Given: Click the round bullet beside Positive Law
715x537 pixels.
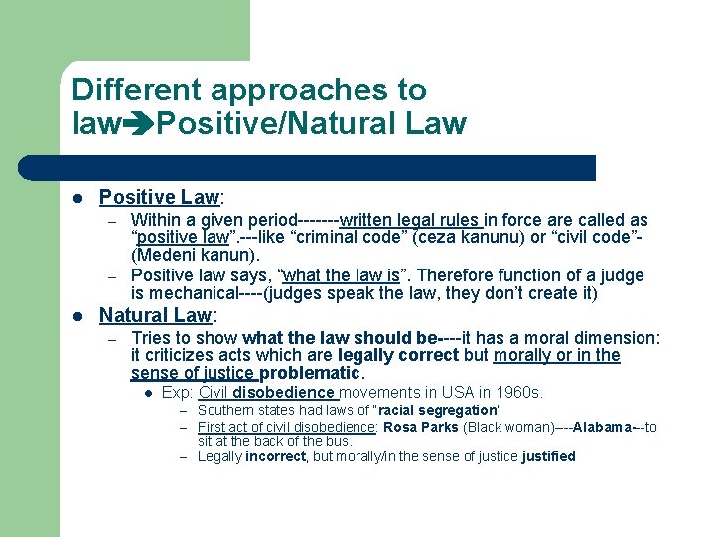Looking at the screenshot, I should (x=78, y=199).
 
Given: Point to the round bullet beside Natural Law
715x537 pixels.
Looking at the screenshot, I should (x=78, y=317).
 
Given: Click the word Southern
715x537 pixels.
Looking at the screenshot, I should (x=225, y=410).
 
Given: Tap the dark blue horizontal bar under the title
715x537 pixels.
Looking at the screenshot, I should (x=328, y=167).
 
